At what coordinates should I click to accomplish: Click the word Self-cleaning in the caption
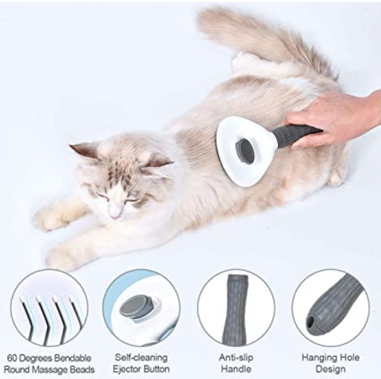(141, 358)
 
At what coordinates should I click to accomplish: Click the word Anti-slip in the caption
(236, 358)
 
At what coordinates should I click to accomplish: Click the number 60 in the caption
(12, 358)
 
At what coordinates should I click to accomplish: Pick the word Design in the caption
(330, 369)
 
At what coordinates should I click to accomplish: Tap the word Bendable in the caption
(72, 358)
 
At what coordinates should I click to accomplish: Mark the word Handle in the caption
(236, 369)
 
